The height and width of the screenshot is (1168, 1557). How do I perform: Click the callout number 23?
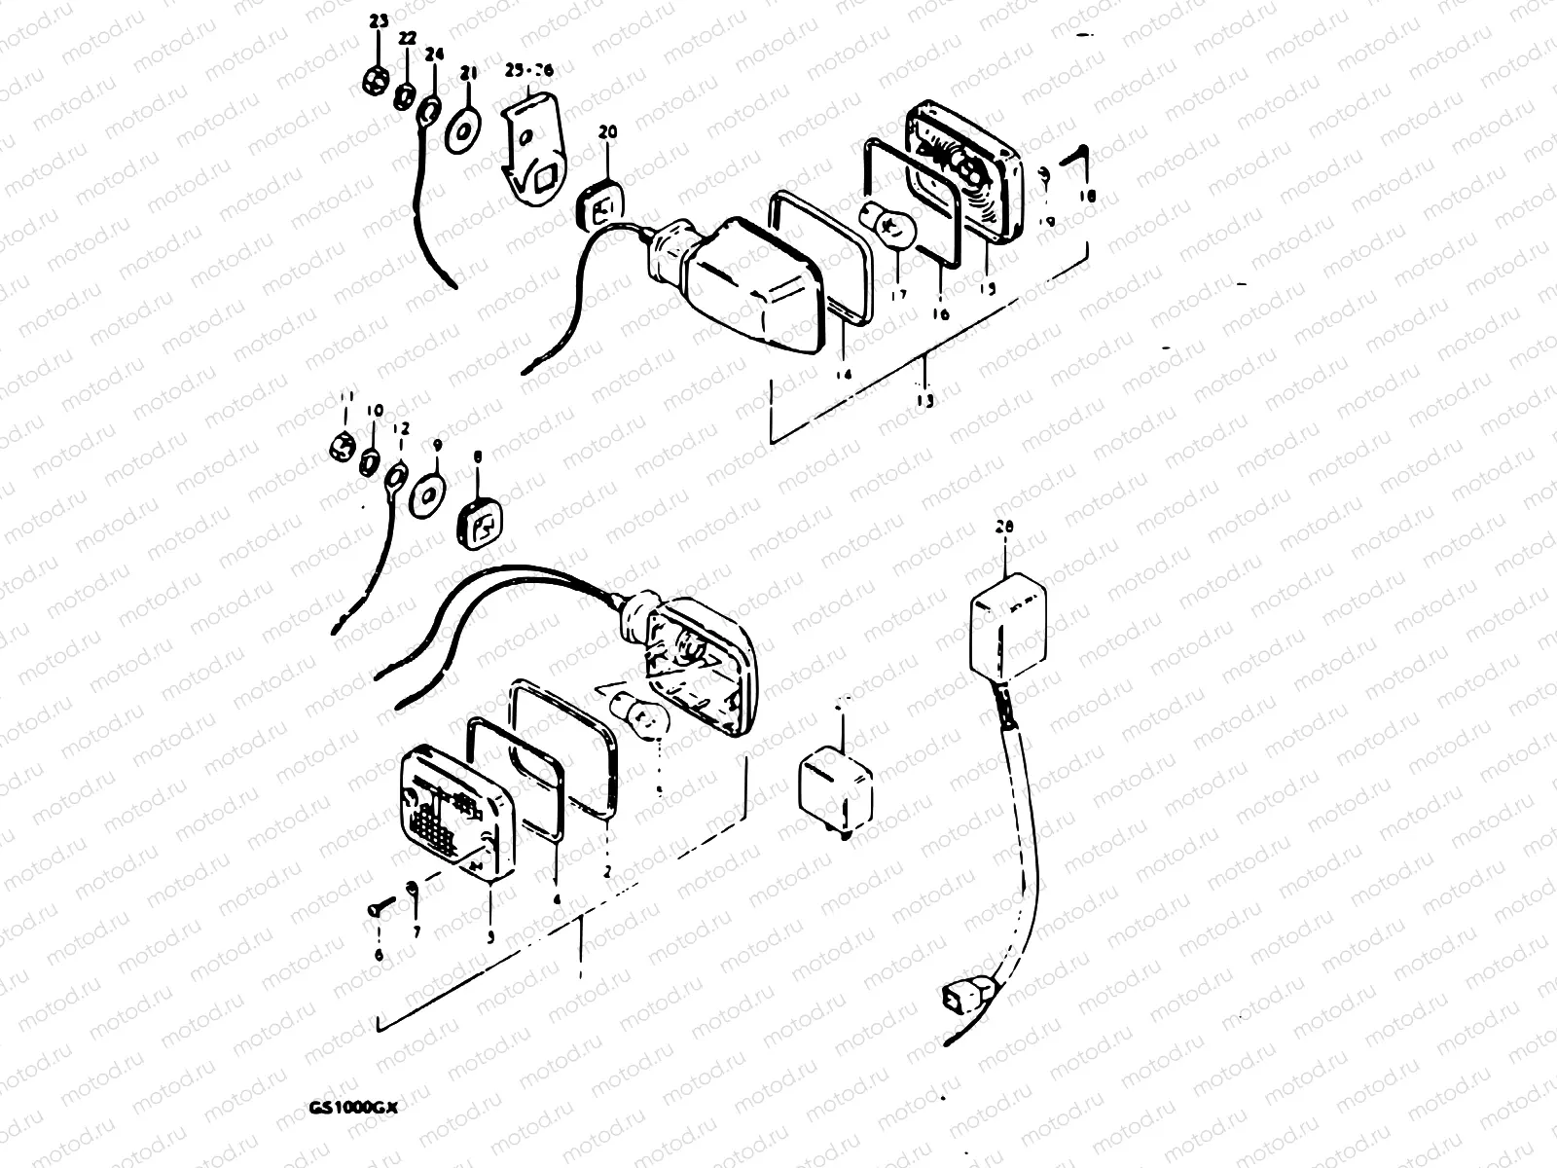pos(379,21)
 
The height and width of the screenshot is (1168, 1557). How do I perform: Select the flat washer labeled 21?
pos(464,129)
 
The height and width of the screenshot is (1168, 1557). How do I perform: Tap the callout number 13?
pos(924,400)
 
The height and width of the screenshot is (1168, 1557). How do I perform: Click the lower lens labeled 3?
pos(457,813)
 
